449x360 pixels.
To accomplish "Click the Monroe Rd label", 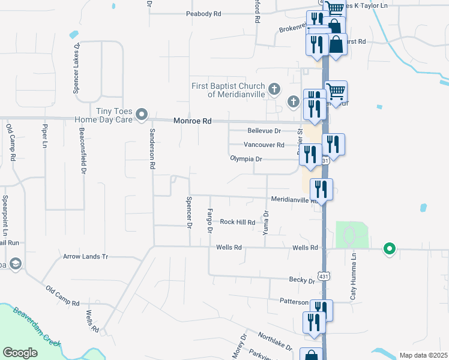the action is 192,121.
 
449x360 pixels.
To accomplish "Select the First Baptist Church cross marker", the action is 274,90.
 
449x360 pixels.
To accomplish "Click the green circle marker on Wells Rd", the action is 390,248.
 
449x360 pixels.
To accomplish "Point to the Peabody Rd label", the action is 203,13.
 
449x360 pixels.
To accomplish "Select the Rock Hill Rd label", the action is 237,222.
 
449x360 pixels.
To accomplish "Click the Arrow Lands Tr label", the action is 85,256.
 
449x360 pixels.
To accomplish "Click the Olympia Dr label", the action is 246,159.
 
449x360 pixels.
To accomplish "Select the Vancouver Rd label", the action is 264,145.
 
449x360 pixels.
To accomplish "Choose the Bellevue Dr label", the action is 264,131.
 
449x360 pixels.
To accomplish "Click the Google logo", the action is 20,352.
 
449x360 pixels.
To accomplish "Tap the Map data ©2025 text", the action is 423,355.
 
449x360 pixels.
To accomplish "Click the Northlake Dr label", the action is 276,343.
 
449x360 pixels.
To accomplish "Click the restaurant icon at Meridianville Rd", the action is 322,190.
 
